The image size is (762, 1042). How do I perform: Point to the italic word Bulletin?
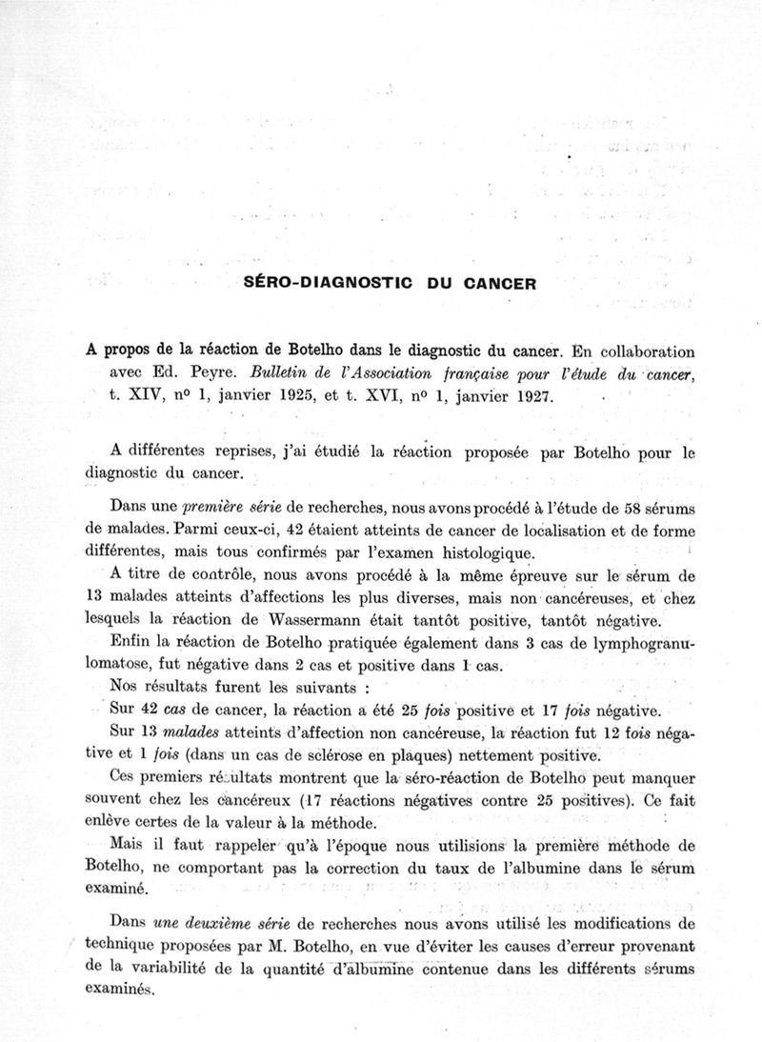pyautogui.click(x=272, y=373)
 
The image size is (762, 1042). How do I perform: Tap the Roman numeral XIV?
pyautogui.click(x=150, y=395)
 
